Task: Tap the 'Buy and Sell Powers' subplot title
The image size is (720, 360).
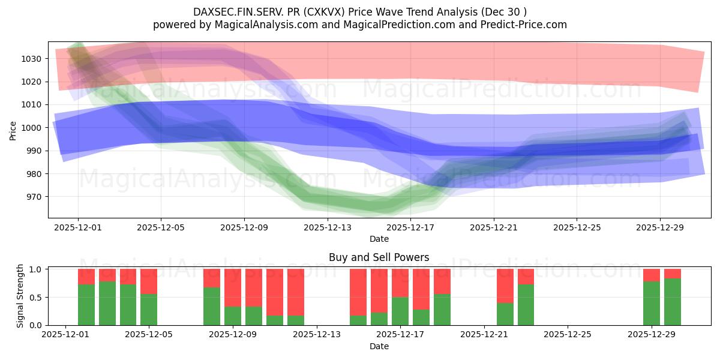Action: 379,257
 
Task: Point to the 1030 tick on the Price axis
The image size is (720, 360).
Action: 34,59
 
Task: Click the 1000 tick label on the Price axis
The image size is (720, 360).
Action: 34,128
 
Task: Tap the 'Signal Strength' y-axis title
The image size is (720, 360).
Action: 20,295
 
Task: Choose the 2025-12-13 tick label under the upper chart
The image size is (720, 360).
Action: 327,227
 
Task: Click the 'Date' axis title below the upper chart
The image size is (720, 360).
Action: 379,239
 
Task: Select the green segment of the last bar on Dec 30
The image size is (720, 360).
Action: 672,302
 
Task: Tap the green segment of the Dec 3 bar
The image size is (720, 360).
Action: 107,303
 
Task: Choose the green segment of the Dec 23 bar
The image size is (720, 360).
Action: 526,305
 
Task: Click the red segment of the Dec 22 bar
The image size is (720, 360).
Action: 505,286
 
